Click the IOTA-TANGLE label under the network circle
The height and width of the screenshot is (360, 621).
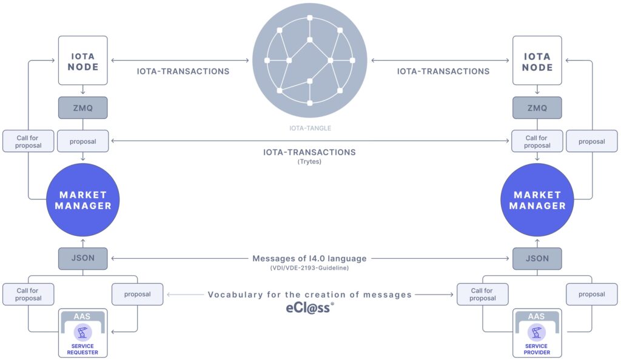point(310,128)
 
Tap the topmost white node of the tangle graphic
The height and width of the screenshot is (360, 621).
point(310,18)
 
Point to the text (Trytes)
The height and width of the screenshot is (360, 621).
point(309,161)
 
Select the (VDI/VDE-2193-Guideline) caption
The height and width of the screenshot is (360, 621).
point(309,268)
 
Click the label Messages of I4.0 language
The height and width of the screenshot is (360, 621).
point(309,258)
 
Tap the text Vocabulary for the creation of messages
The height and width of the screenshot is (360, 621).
point(310,295)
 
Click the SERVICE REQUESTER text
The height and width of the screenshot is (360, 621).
point(82,349)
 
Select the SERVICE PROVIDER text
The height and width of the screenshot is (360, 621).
point(537,349)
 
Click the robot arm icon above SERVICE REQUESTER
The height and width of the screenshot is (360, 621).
point(82,332)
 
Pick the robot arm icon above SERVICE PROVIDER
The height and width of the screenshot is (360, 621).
point(537,332)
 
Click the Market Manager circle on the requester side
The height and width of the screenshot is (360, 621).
point(82,200)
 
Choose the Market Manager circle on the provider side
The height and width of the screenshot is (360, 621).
point(537,200)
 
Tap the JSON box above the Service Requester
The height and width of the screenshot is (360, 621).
point(82,258)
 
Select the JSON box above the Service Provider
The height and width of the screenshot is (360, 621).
point(537,258)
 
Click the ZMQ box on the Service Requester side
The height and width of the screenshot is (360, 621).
point(82,108)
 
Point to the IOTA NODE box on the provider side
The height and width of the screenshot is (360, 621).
point(537,61)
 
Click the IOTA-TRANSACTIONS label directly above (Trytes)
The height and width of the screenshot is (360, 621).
point(309,152)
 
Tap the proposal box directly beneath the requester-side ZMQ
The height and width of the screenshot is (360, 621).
point(82,141)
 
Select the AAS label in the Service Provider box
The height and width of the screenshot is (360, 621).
point(536,316)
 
